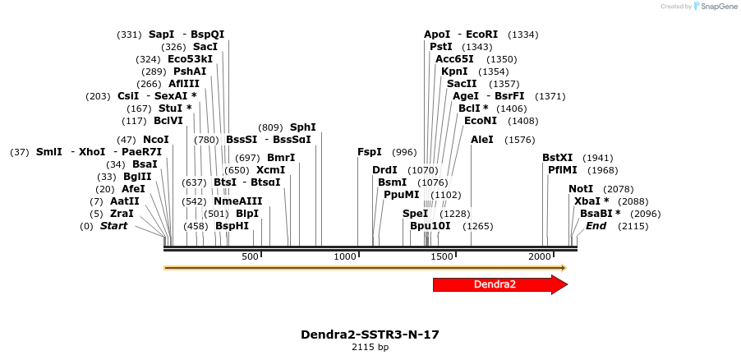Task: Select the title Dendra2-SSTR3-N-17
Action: coord(370,335)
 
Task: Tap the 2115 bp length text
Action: coord(370,348)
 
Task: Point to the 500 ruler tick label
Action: coord(250,257)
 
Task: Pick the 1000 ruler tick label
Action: coord(345,257)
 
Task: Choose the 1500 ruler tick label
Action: coord(443,257)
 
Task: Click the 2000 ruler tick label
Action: coord(540,257)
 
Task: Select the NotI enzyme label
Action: coord(580,189)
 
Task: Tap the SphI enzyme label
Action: coord(302,127)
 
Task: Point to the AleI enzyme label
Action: coord(482,140)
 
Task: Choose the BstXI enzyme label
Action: coord(557,158)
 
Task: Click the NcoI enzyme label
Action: coord(155,140)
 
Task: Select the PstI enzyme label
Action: coord(441,47)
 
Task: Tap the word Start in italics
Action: coord(113,226)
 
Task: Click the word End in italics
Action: coord(596,226)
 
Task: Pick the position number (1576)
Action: coord(519,140)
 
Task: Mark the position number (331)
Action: coord(129,35)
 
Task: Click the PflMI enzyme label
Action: coord(563,170)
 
